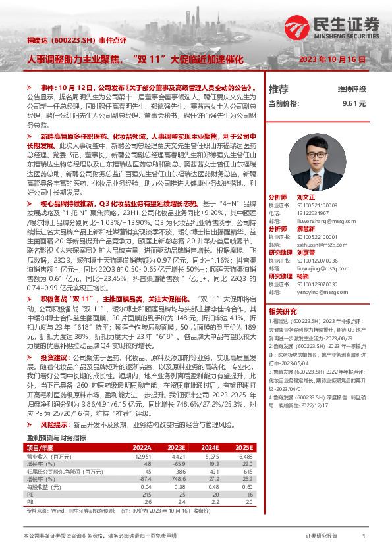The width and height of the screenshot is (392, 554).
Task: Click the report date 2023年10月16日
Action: pos(331,59)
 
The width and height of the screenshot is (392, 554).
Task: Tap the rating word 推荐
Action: pos(279,89)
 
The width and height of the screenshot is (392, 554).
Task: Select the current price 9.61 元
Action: pos(354,103)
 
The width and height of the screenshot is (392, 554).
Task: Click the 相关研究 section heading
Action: pos(282,311)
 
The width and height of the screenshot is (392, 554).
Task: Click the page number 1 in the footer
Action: pos(363,536)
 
